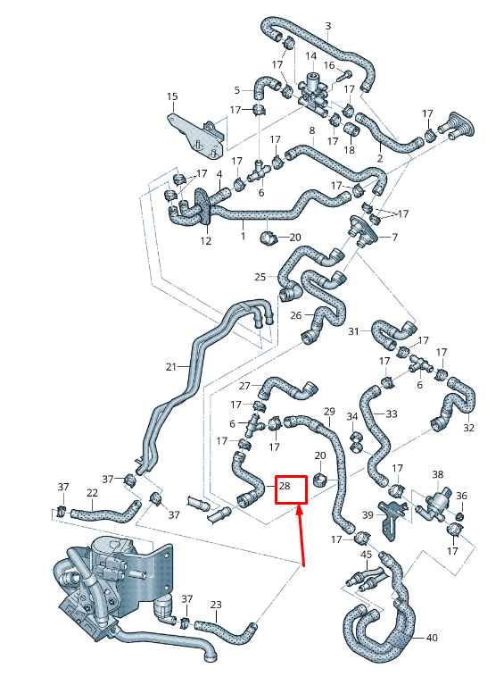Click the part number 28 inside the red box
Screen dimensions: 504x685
(x=285, y=486)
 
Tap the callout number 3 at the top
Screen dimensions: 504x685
(x=328, y=26)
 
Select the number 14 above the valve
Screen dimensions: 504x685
(x=310, y=56)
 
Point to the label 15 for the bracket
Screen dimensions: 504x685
(x=172, y=96)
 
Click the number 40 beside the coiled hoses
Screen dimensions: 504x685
(x=432, y=638)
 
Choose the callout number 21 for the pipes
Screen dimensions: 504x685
(x=171, y=366)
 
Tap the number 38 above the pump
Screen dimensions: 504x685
(x=438, y=474)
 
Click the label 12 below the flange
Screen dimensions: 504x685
(x=205, y=241)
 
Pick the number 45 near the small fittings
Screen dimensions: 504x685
(x=367, y=555)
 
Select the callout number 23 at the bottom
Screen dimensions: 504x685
(x=216, y=605)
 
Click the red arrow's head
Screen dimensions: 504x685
(x=300, y=512)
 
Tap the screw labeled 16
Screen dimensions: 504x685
(x=343, y=77)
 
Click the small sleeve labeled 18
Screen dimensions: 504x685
(x=351, y=129)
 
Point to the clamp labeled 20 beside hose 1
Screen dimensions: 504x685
(x=269, y=238)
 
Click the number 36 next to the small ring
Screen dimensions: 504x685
(x=461, y=496)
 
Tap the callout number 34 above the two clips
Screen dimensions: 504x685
(x=352, y=416)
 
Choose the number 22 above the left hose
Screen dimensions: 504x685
(x=92, y=492)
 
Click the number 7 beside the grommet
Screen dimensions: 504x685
(x=394, y=238)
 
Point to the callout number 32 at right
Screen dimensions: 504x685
(x=468, y=428)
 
